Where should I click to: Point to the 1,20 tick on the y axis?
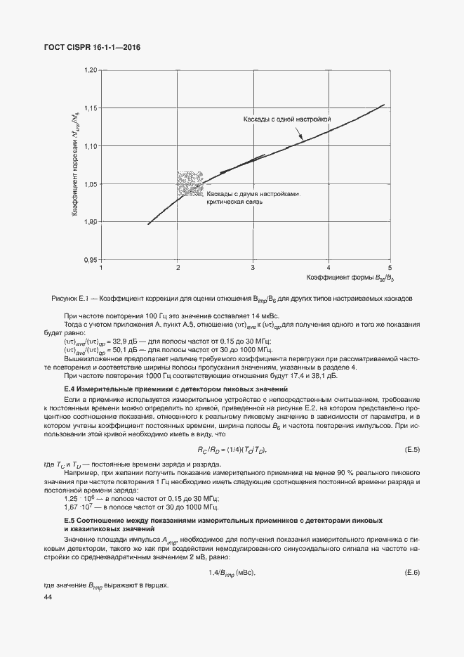tap(90, 71)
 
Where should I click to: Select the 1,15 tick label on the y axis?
tap(90, 108)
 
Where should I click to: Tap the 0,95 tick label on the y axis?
tap(90, 260)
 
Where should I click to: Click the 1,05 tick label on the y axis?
tap(90, 184)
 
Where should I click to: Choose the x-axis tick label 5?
tap(390, 268)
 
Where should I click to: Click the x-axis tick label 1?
tap(102, 268)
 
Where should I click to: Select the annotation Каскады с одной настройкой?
tap(286, 120)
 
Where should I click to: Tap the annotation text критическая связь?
tap(234, 202)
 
